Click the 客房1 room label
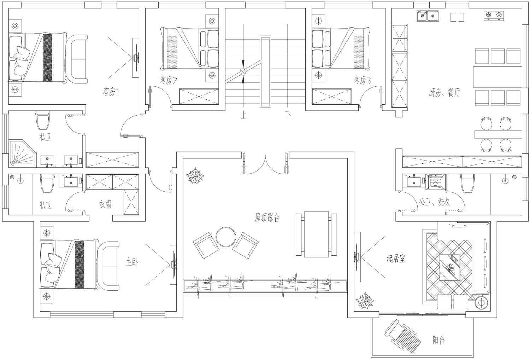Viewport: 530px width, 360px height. (111, 92)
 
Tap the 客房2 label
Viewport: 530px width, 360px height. (168, 81)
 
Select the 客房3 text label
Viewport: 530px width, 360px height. (362, 81)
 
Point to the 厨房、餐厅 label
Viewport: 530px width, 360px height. (444, 92)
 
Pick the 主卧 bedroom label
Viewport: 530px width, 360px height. (132, 262)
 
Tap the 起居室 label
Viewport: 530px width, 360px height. (396, 259)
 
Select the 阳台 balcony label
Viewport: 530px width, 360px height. (439, 340)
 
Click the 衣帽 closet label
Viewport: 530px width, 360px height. (105, 204)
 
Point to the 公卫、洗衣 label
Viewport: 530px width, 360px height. (434, 202)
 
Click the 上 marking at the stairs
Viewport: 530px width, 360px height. (244, 115)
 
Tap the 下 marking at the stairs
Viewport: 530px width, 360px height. (288, 115)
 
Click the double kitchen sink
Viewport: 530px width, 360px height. (428, 16)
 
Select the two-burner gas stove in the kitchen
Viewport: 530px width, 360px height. (493, 16)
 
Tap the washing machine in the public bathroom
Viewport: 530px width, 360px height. (436, 182)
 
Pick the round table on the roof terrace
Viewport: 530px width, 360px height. (226, 237)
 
